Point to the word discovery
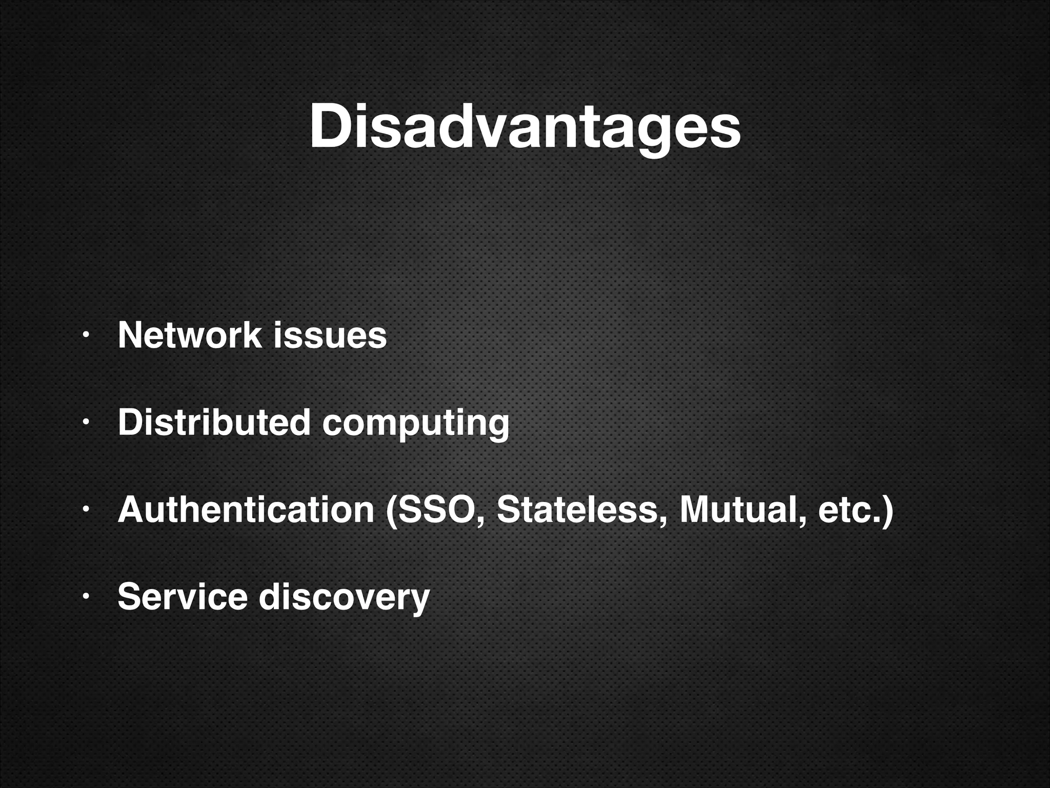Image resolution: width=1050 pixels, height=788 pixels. (x=344, y=598)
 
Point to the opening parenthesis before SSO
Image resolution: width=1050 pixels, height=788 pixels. (x=391, y=510)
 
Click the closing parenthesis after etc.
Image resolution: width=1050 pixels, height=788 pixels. (x=887, y=510)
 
